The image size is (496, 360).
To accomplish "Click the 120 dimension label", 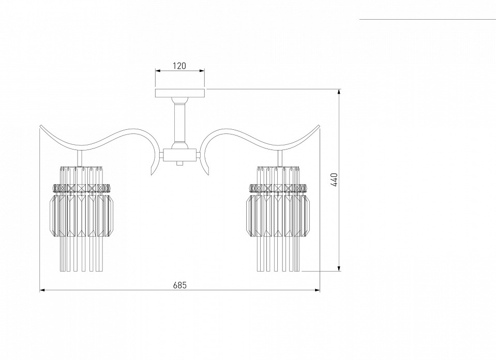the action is tap(179, 66).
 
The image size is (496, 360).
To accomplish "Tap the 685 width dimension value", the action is tap(180, 285).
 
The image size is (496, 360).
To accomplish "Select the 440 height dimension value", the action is tap(335, 180).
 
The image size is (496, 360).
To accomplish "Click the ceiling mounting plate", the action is tap(180, 93).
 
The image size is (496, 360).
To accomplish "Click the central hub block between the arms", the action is tap(180, 155).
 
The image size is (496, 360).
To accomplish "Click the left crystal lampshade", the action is tap(82, 219).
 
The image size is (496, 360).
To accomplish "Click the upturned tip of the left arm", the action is tap(40, 126).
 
